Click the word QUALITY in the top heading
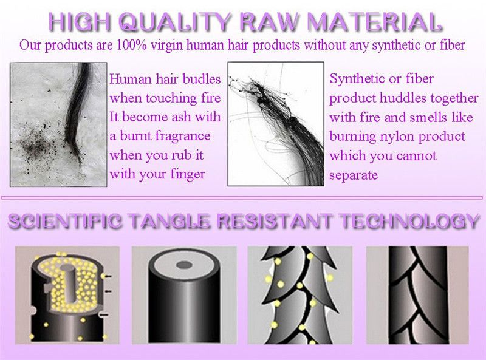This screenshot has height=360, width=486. tap(174, 22)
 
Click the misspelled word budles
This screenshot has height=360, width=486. tap(202, 79)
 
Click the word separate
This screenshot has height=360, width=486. tap(354, 175)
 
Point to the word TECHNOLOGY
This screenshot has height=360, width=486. tap(409, 221)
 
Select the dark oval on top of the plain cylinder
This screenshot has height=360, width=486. tap(185, 265)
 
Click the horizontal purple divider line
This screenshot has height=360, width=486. tap(242, 197)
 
